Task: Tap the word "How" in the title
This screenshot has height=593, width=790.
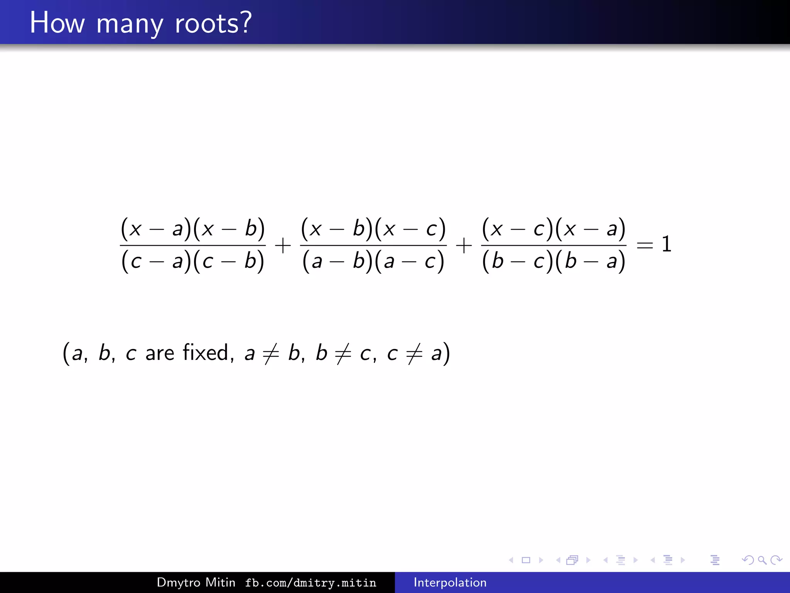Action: tap(57, 23)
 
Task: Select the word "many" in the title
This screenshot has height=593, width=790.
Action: tap(130, 25)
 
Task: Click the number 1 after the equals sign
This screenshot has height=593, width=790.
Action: tap(666, 244)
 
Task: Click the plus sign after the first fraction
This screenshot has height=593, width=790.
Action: tap(283, 246)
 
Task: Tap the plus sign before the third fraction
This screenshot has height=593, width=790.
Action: tap(464, 246)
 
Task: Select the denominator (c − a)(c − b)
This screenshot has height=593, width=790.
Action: tap(193, 261)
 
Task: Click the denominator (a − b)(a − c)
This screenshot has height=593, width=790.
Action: tap(373, 261)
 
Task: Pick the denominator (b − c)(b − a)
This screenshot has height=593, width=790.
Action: tap(554, 261)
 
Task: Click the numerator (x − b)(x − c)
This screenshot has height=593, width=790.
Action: tap(373, 228)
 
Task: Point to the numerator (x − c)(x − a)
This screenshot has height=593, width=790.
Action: tap(554, 228)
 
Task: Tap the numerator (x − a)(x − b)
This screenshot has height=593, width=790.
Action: tap(193, 228)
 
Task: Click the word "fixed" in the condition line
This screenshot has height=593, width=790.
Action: tap(206, 352)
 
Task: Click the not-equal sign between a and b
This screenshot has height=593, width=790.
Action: tap(271, 353)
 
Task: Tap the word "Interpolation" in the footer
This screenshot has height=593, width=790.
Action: tap(450, 582)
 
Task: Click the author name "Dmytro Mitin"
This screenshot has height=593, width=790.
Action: tap(196, 582)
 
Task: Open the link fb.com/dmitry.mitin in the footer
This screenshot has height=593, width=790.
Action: tap(311, 583)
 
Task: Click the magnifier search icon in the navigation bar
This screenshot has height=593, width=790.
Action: tap(762, 560)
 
